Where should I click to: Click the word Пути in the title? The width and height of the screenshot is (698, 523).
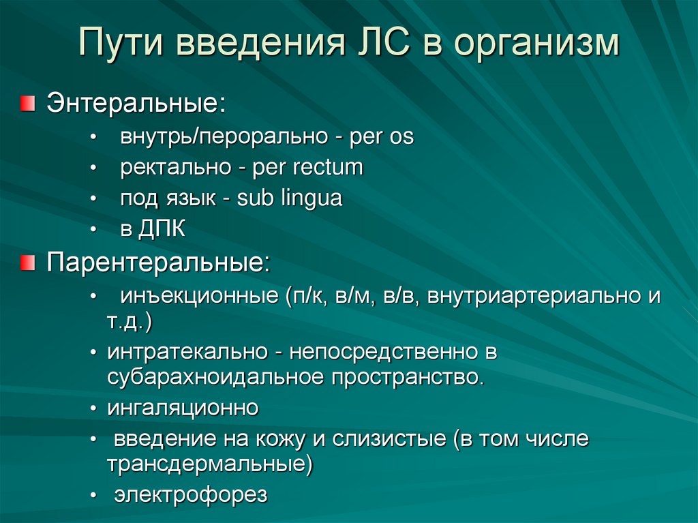(122, 44)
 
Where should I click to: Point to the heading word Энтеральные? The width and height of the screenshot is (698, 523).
(136, 104)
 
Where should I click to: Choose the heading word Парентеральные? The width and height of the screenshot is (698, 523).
(158, 263)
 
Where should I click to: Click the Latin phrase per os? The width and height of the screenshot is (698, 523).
(382, 137)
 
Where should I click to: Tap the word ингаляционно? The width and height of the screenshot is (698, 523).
(183, 408)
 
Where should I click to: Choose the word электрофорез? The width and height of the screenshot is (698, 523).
(191, 495)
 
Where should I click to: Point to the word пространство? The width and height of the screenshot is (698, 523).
(408, 377)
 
